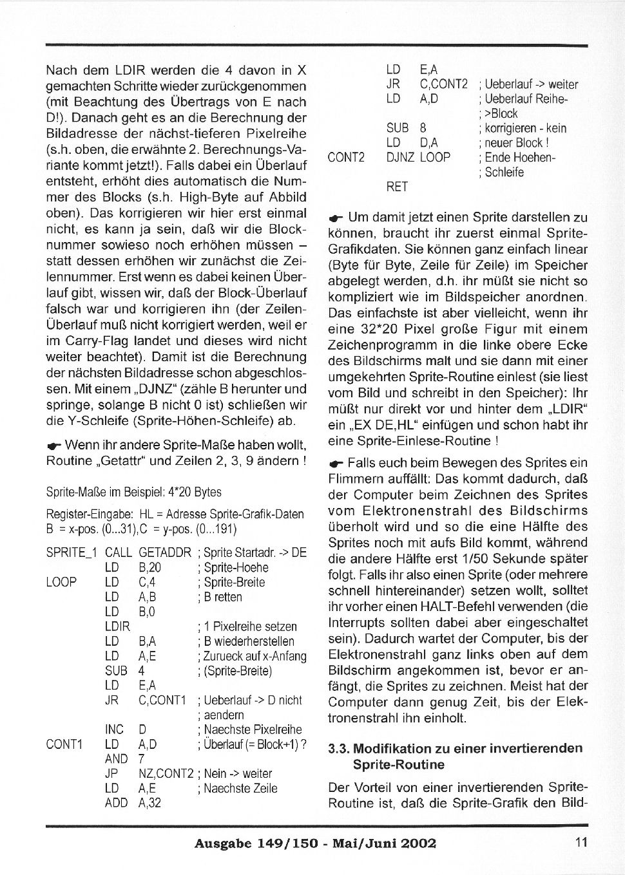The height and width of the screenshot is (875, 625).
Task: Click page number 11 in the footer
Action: click(581, 843)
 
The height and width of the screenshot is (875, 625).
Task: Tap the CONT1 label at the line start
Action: click(64, 744)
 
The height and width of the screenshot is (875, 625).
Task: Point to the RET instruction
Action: click(397, 187)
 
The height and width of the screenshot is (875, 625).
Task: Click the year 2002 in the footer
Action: click(418, 843)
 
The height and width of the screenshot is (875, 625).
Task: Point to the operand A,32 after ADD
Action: click(149, 803)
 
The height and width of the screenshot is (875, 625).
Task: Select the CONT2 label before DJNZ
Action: click(347, 158)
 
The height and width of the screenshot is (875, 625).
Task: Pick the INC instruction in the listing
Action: click(114, 730)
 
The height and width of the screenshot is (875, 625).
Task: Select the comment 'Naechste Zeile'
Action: click(240, 788)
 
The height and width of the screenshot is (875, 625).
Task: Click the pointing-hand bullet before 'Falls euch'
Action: click(336, 464)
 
